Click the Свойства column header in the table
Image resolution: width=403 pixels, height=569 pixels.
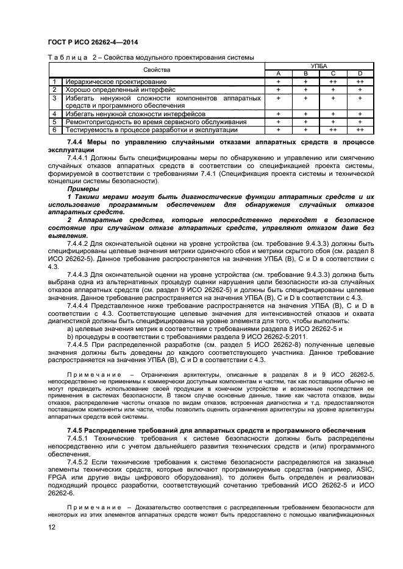pos(157,69)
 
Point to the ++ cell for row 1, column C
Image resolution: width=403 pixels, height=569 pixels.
pos(333,82)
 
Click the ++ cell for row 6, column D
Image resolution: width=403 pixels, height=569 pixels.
pos(360,130)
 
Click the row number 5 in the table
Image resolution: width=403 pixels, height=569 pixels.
pos(54,122)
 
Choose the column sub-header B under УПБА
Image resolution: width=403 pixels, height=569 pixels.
pos(306,74)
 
